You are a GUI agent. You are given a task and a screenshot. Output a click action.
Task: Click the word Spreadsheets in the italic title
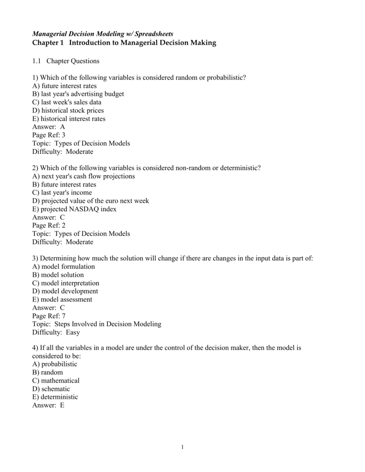point(154,34)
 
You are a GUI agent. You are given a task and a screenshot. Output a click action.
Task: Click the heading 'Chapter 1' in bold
point(48,43)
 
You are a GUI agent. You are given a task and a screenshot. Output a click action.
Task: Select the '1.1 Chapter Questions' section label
point(66,61)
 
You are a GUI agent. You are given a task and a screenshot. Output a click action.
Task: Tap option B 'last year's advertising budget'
point(78,94)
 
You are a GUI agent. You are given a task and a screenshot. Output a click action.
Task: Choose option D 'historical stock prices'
point(68,111)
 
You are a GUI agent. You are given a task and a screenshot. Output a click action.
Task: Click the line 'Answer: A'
point(49,127)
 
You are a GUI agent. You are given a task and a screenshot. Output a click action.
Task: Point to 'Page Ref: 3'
point(49,135)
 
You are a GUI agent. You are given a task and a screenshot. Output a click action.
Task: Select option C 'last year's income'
point(62,193)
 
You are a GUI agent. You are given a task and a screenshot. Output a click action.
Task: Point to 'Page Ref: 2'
point(49,225)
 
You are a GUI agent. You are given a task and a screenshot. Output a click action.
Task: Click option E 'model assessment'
point(62,300)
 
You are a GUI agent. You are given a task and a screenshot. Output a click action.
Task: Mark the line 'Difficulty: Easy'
point(56,332)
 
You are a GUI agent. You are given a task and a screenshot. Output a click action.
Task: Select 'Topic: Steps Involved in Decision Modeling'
point(97,324)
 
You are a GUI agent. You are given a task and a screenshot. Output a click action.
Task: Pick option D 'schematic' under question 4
point(51,389)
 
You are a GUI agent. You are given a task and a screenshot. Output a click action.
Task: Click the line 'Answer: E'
point(48,405)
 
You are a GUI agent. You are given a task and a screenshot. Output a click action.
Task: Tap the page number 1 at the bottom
point(183,447)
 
